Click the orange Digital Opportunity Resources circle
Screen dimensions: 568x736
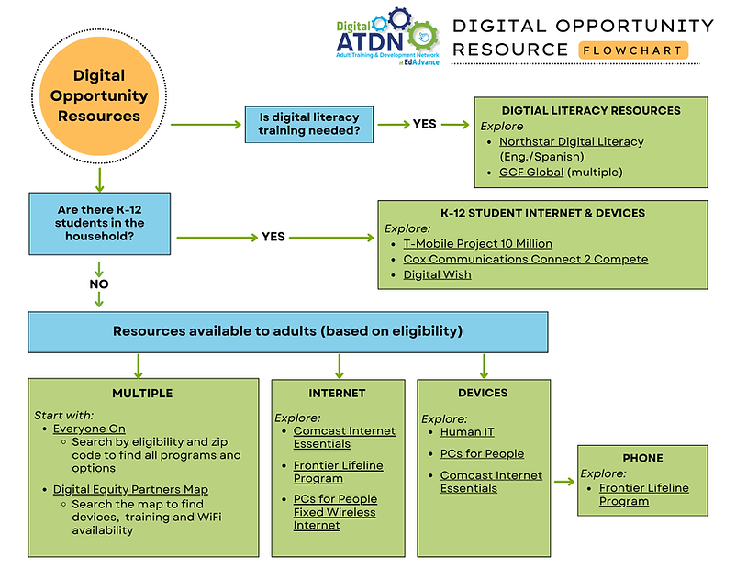(99, 95)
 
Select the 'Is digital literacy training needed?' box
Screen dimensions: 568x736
(308, 124)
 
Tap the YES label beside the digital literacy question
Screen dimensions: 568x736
(424, 124)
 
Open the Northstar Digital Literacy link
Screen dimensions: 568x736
(571, 142)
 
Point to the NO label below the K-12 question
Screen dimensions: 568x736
(99, 284)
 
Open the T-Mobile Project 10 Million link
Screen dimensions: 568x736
(477, 244)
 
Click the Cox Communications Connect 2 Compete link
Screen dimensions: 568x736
(525, 259)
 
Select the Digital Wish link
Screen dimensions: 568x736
(437, 274)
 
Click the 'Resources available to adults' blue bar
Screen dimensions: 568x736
(287, 330)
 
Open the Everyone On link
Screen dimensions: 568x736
(89, 429)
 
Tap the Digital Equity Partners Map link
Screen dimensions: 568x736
(130, 489)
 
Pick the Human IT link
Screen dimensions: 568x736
(467, 431)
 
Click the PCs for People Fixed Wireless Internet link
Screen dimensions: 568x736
(335, 512)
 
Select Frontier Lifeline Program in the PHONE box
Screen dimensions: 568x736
(643, 495)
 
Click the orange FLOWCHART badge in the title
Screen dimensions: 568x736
(633, 50)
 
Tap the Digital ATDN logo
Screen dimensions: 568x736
(386, 36)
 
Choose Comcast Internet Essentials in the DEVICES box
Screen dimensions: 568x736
(491, 482)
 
